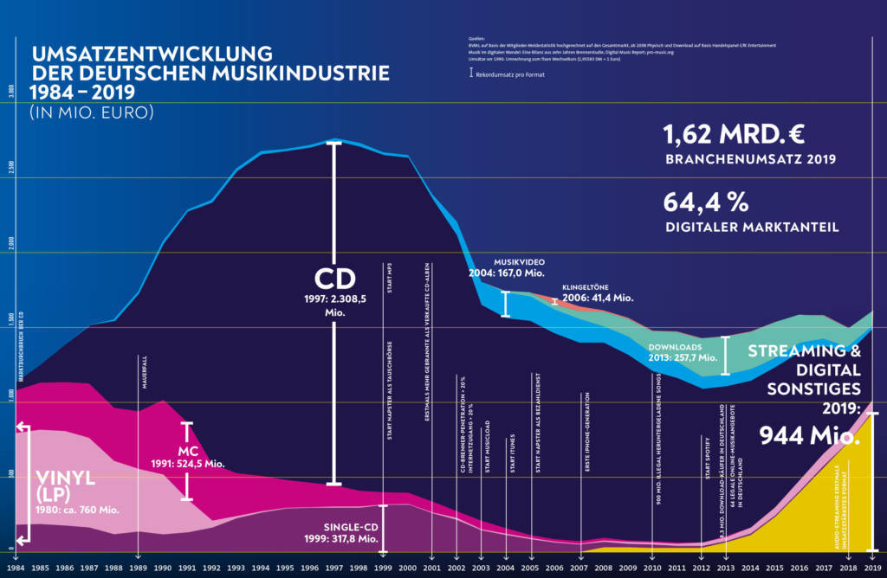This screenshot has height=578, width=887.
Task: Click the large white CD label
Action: point(333,279)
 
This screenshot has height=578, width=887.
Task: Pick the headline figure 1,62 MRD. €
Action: point(735,135)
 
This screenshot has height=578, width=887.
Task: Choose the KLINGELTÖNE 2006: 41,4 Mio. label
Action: point(597,292)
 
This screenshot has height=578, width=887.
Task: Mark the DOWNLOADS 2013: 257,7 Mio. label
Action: point(683,352)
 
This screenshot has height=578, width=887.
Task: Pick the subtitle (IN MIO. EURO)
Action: point(91,113)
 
